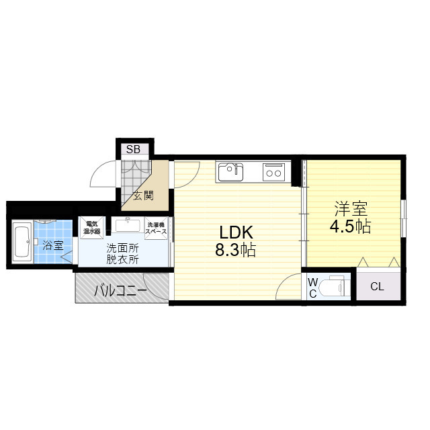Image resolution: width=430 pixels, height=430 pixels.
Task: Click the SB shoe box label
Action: click(133, 149)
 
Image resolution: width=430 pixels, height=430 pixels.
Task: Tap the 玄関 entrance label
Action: click(143, 196)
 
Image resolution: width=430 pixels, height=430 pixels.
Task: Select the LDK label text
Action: click(236, 232)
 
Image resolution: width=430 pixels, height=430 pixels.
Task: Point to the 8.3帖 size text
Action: click(235, 250)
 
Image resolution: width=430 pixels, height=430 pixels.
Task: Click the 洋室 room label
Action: click(351, 209)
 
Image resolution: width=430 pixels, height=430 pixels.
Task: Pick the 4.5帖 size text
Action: click(350, 226)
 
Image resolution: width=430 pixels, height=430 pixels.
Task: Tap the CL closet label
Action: click(377, 287)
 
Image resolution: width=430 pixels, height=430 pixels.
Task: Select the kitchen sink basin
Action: click(230, 172)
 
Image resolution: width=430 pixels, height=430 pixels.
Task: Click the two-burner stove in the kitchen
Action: click(273, 172)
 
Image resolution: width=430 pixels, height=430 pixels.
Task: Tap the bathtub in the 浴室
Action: click(22, 242)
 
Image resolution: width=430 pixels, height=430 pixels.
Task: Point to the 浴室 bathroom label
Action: click(53, 245)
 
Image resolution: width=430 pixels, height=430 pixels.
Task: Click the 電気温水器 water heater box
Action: click(92, 228)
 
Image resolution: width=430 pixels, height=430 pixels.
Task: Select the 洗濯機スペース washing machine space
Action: click(156, 228)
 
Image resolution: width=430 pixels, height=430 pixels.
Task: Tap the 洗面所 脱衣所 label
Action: click(122, 254)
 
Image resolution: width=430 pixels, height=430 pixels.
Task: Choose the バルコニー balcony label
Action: click(121, 291)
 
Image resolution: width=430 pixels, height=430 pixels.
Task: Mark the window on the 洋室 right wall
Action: click(403, 218)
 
